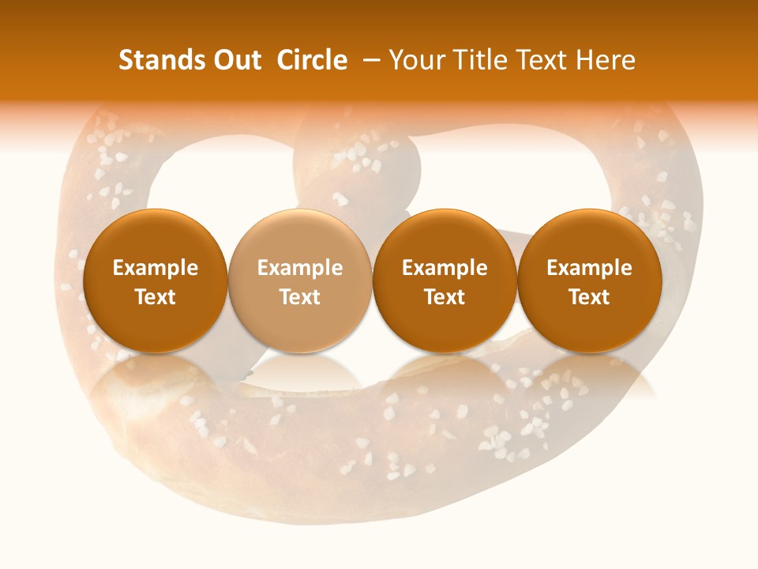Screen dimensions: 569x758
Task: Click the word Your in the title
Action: click(x=414, y=60)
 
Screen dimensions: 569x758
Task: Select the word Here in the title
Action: click(x=606, y=60)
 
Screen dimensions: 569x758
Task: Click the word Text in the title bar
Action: click(x=540, y=60)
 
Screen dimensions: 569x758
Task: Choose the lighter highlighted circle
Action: click(x=300, y=281)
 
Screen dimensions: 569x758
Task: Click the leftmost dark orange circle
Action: click(x=156, y=281)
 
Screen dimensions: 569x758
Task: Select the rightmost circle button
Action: click(x=590, y=281)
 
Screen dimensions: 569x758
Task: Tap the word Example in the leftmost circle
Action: click(x=156, y=268)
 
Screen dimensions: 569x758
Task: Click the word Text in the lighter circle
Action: click(x=300, y=297)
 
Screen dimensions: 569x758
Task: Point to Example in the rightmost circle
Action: click(x=590, y=268)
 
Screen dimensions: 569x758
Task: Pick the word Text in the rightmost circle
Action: click(x=590, y=297)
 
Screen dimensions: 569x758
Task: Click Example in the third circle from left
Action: click(x=445, y=268)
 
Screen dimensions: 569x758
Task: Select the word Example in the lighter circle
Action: click(x=300, y=268)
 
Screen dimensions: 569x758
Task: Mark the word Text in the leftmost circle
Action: click(x=156, y=297)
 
